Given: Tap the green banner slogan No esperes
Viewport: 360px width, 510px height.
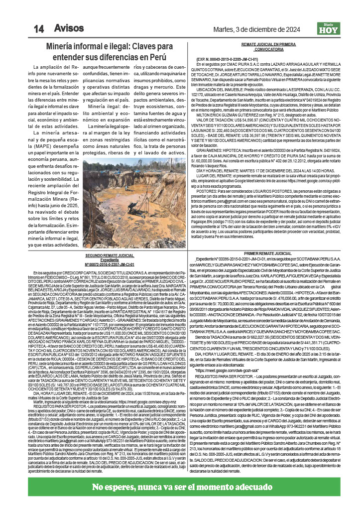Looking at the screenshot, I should [x=180, y=487].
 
